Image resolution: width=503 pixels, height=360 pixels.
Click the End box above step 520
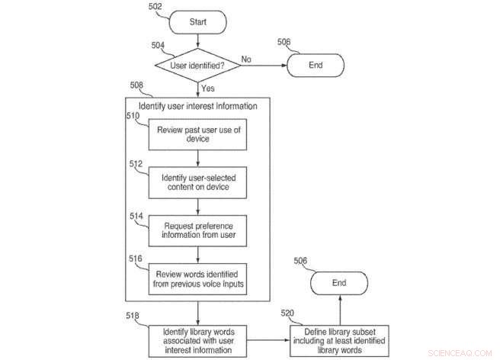pos(338,283)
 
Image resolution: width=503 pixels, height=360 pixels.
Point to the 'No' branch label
pos(247,58)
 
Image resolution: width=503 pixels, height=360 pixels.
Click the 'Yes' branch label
pos(208,88)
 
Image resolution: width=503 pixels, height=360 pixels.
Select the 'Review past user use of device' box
pos(198,134)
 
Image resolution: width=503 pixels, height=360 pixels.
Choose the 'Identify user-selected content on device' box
pos(198,182)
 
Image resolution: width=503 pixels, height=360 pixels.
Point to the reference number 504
pos(159,46)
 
